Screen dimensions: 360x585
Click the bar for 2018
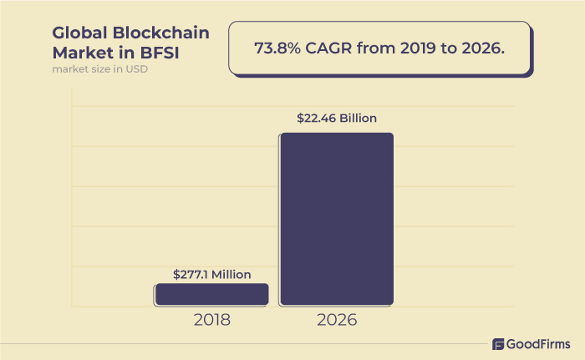(x=211, y=294)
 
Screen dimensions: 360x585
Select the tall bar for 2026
(x=336, y=219)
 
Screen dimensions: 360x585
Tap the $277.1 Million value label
(x=211, y=274)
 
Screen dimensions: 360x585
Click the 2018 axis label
(x=211, y=319)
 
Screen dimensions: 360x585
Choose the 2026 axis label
(x=336, y=319)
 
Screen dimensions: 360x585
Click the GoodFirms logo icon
(x=498, y=344)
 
